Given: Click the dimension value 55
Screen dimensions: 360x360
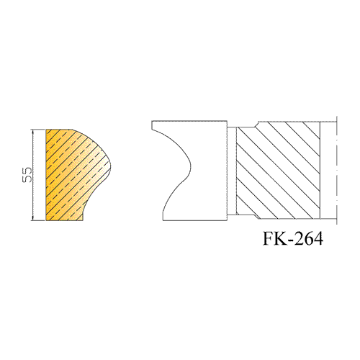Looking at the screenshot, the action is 27,175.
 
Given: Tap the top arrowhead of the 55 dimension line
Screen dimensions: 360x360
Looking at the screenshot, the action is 32,131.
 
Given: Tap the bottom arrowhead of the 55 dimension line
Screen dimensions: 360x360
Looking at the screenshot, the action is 32,218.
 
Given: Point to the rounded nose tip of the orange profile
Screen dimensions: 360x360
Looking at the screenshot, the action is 111,166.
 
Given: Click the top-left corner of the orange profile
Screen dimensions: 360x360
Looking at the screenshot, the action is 46,130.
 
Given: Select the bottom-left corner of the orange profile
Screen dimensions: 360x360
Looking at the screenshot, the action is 46,220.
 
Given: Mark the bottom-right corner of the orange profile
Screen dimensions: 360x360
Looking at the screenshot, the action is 83,220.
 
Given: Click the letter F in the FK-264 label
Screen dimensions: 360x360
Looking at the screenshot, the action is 269,238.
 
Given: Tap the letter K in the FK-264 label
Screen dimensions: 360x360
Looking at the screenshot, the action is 280,238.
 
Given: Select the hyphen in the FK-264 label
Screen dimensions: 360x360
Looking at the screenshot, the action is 290,240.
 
